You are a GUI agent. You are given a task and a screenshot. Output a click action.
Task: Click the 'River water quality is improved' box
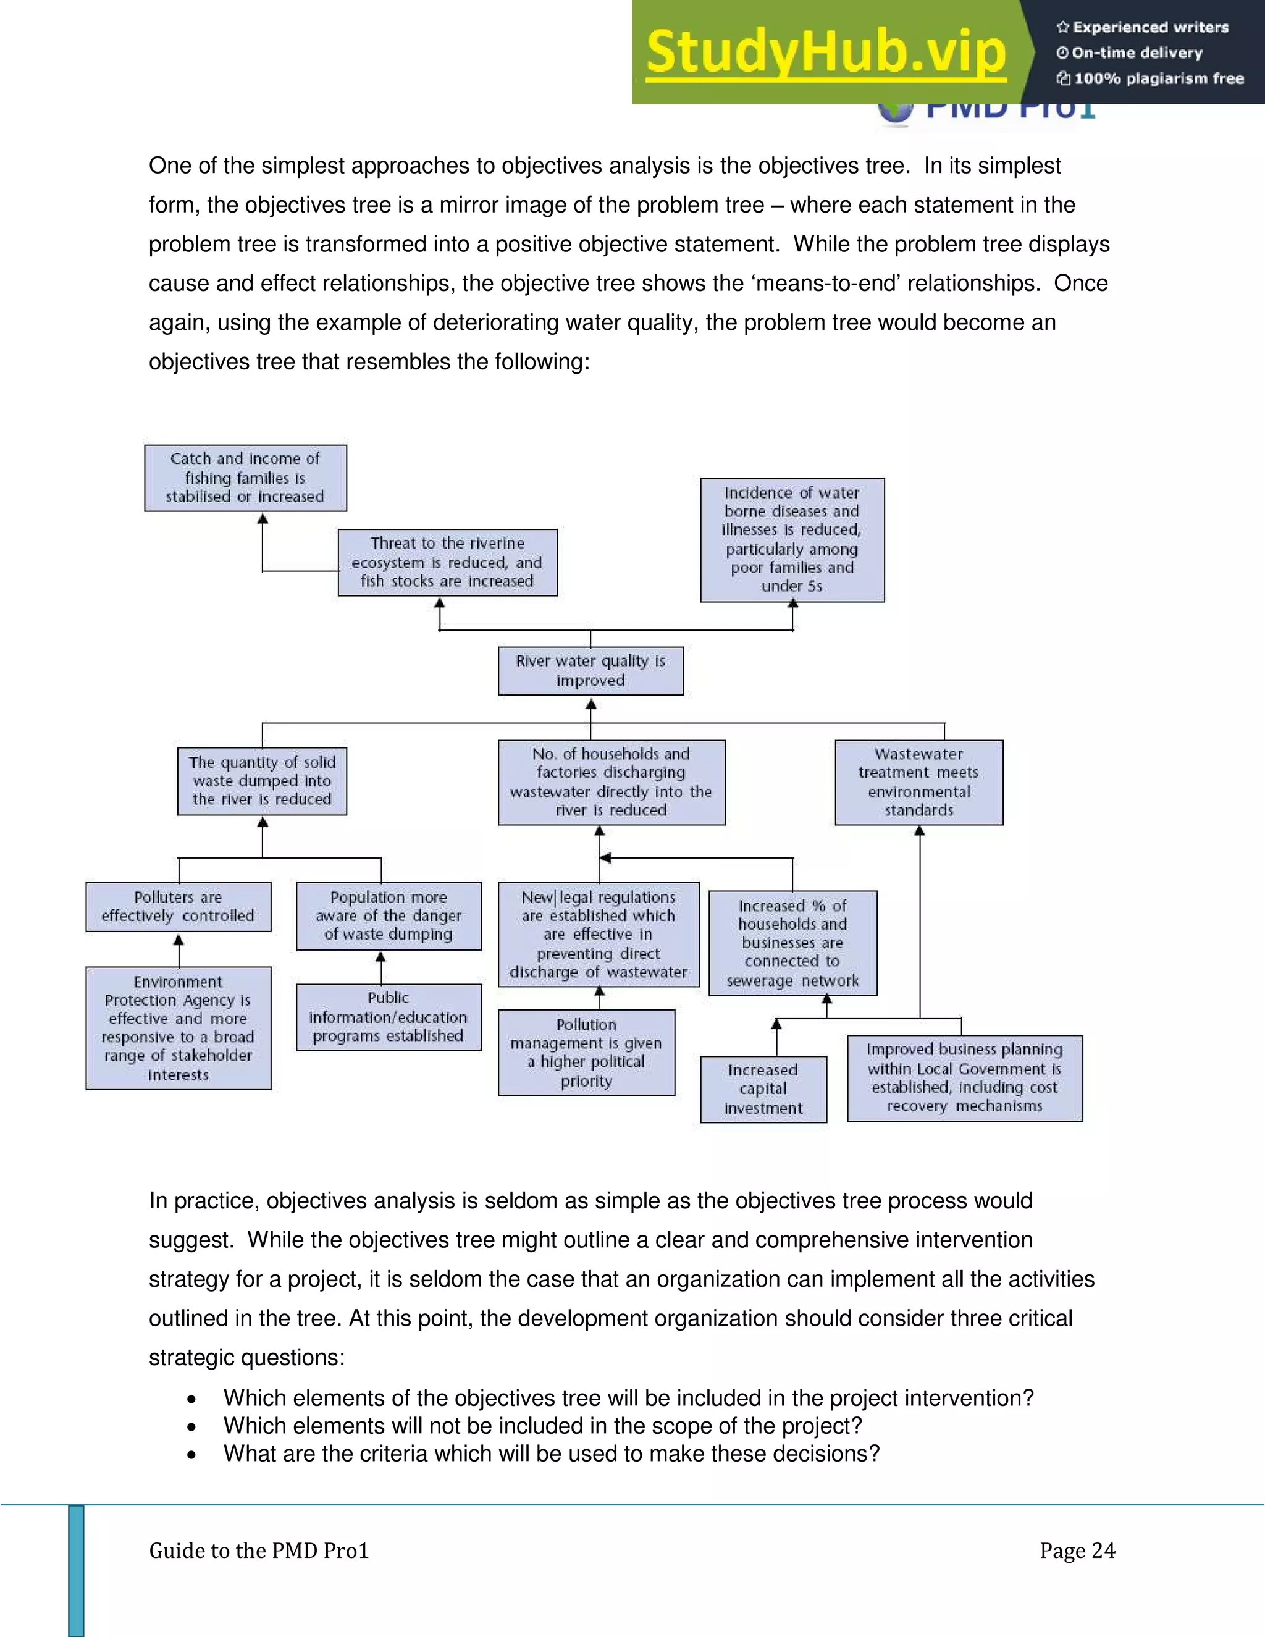click(590, 671)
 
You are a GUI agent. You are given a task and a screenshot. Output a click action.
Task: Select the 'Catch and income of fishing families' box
click(245, 478)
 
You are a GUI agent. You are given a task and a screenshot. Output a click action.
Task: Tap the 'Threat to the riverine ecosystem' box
click(447, 562)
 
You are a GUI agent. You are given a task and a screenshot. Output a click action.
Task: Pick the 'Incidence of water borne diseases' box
click(792, 540)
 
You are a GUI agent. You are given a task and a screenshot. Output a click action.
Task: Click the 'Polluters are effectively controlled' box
click(179, 907)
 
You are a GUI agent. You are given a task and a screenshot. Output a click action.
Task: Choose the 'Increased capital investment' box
click(763, 1089)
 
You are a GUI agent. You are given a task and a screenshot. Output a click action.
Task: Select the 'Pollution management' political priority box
click(586, 1053)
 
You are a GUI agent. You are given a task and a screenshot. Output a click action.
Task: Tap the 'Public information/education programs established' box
click(388, 1017)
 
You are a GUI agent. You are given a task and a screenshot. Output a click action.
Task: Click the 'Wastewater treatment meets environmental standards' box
click(918, 783)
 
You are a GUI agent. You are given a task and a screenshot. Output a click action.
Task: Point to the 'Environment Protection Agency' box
click(179, 1028)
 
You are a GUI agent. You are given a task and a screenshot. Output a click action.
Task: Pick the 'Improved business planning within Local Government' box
click(964, 1078)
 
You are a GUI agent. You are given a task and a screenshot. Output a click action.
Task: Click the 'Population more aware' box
click(388, 916)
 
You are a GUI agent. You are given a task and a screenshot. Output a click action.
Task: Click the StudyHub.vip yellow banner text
click(826, 53)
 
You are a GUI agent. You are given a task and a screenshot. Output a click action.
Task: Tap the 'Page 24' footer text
click(1077, 1551)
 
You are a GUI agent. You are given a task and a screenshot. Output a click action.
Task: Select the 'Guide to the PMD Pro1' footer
click(259, 1551)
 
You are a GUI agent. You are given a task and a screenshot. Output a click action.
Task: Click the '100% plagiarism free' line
click(1158, 78)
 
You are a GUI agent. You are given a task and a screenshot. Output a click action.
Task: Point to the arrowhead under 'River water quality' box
click(590, 705)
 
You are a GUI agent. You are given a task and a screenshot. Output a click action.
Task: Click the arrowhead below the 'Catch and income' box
click(263, 519)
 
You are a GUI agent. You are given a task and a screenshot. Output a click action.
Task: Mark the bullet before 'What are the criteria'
click(192, 1455)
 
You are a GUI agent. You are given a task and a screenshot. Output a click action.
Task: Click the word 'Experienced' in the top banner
click(1110, 28)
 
